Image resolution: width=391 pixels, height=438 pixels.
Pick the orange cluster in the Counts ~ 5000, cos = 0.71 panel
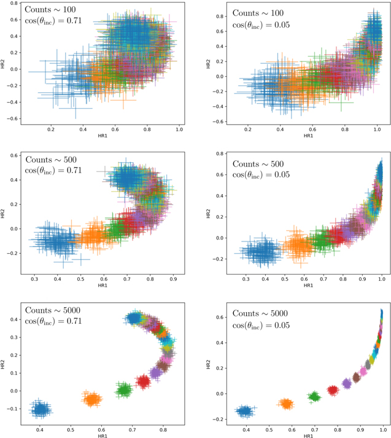93,399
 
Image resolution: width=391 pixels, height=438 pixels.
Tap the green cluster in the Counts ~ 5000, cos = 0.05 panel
315,396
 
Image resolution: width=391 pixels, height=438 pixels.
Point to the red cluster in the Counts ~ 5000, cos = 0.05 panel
333,390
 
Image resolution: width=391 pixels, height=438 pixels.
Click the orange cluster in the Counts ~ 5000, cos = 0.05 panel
285,404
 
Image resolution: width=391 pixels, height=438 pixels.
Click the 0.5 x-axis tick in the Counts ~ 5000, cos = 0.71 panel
71,429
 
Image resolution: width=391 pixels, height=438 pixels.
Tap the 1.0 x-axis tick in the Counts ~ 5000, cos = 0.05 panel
384,429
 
